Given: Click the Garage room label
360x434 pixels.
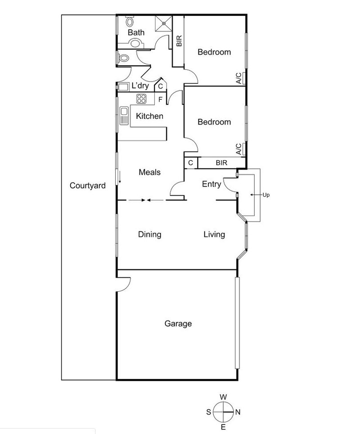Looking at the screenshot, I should pyautogui.click(x=178, y=324).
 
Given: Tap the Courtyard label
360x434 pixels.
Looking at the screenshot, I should pyautogui.click(x=87, y=185).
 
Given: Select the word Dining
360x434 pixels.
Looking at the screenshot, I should pyautogui.click(x=149, y=234).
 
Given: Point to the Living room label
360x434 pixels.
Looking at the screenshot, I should pyautogui.click(x=214, y=234).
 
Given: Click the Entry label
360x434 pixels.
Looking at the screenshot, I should pyautogui.click(x=211, y=184).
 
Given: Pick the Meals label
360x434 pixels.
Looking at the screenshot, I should pyautogui.click(x=149, y=172).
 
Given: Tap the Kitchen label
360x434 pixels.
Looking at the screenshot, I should pyautogui.click(x=149, y=116).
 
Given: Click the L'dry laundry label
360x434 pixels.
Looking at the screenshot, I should pyautogui.click(x=140, y=86).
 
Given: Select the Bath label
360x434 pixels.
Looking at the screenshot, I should pyautogui.click(x=136, y=32).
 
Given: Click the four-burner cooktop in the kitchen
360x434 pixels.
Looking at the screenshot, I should pyautogui.click(x=142, y=99).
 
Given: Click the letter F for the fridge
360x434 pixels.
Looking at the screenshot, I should pyautogui.click(x=160, y=99).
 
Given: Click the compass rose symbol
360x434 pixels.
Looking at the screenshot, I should pyautogui.click(x=223, y=411).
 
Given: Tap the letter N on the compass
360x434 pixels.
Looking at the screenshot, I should pyautogui.click(x=238, y=411).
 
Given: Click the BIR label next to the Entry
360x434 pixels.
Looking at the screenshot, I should pyautogui.click(x=221, y=163).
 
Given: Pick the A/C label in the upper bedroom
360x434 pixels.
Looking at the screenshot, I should pyautogui.click(x=239, y=78).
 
